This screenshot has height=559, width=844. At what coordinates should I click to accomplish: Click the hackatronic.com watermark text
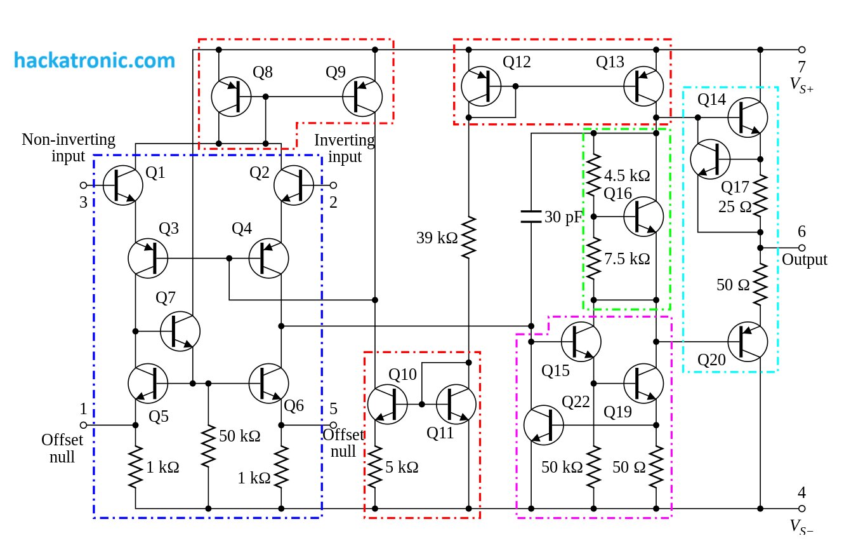point(95,60)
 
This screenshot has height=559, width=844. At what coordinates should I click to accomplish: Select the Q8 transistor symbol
point(231,97)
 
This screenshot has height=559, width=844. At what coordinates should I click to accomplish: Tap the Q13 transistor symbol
point(643,86)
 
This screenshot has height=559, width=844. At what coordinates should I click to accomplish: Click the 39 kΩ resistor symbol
point(469,238)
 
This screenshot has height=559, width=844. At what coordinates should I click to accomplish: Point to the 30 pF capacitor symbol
point(531,217)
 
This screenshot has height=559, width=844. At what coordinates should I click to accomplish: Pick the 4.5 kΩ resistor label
point(627,175)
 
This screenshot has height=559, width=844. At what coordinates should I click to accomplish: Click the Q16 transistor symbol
point(643,217)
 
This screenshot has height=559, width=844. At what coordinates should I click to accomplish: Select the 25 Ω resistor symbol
point(760,196)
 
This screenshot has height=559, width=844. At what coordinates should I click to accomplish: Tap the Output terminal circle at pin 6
point(802,248)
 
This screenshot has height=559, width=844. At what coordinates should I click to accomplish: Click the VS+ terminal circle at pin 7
point(802,50)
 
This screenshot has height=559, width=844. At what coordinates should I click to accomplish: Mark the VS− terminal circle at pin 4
point(802,508)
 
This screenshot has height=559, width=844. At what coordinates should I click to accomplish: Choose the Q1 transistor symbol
point(123,185)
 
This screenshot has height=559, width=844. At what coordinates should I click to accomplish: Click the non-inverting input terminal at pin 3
point(84,185)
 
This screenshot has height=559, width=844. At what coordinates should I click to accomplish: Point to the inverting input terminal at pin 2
point(333,185)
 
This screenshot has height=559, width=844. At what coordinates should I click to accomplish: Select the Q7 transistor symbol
point(180,331)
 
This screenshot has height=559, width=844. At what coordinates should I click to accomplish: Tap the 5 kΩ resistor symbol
point(375,467)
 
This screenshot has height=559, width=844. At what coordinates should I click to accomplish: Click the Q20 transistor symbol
point(748,342)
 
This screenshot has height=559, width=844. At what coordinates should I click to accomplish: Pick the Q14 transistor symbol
point(748,118)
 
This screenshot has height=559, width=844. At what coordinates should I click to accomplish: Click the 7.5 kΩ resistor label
point(627,259)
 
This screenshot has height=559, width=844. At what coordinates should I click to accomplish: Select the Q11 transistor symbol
point(456,405)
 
